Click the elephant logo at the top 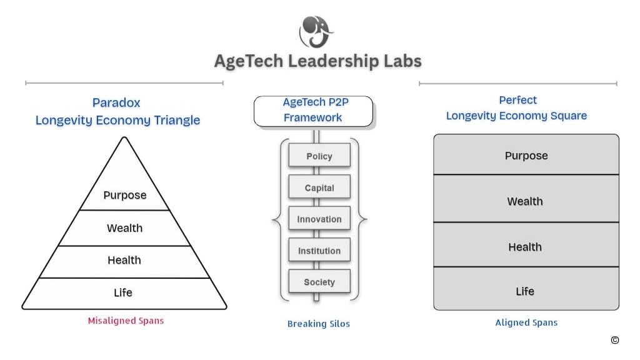(x=316, y=32)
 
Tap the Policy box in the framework (x=319, y=155)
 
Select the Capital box (x=319, y=187)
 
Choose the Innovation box (x=319, y=218)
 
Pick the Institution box (x=319, y=250)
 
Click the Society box (x=319, y=281)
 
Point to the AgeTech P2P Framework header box (x=314, y=111)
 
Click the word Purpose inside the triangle (x=125, y=196)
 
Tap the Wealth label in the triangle (x=125, y=227)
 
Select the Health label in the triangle (x=124, y=260)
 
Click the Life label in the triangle (x=123, y=292)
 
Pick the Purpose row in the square (x=526, y=154)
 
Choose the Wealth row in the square (x=526, y=198)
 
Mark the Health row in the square (x=526, y=244)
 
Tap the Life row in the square (x=526, y=289)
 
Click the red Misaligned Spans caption (x=126, y=321)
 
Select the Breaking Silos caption (x=318, y=324)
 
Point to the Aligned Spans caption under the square (x=526, y=322)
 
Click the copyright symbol (x=615, y=340)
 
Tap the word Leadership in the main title (x=334, y=61)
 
